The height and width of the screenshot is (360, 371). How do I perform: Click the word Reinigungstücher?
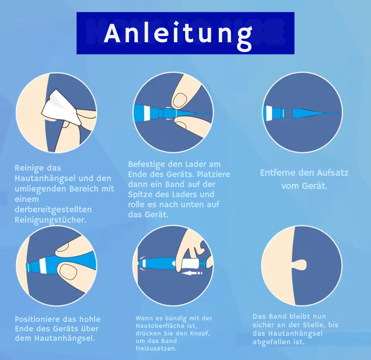pyautogui.click(x=50, y=220)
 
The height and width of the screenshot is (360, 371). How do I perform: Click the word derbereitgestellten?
pyautogui.click(x=53, y=209)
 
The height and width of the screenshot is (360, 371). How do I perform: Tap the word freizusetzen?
pyautogui.click(x=156, y=348)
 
